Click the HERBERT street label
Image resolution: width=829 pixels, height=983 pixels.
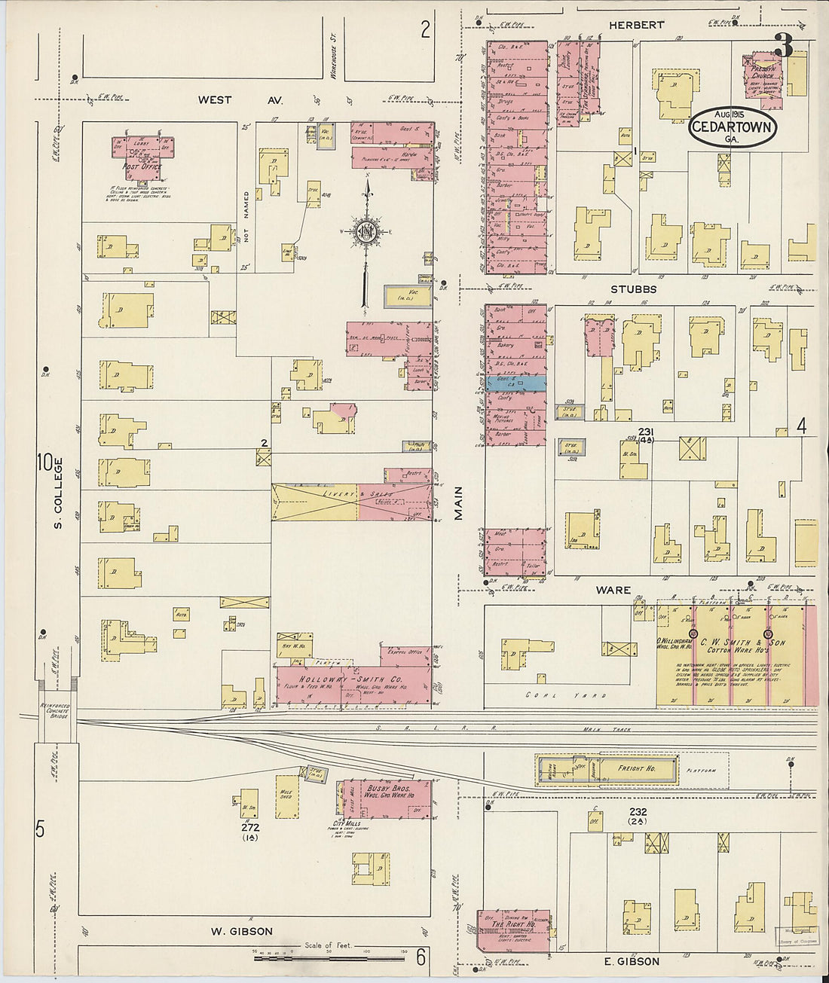(637, 25)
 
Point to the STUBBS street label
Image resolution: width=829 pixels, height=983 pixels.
(633, 288)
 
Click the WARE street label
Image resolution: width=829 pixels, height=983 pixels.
(613, 590)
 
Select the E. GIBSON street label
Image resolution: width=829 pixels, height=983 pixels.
(632, 961)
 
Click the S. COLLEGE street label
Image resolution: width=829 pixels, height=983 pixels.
(57, 493)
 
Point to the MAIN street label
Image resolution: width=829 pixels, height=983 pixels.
(457, 502)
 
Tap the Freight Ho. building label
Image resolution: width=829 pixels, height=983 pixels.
(637, 768)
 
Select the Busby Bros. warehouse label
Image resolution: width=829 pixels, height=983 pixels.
(391, 791)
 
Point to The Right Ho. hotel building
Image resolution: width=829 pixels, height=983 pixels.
(513, 930)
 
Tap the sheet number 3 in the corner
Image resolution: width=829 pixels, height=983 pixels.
(783, 47)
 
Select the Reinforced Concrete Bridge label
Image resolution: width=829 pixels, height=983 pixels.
(54, 710)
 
